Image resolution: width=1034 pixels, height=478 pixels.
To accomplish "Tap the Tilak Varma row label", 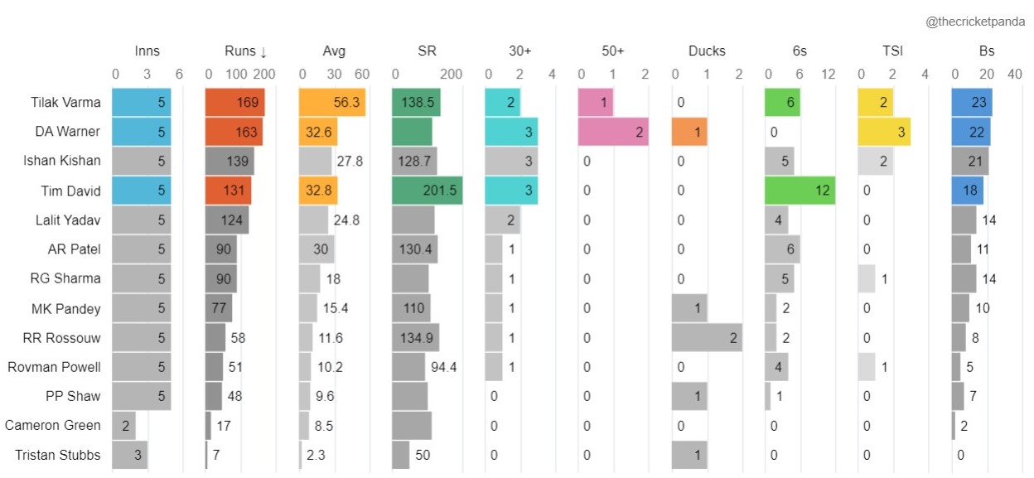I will click(x=62, y=103).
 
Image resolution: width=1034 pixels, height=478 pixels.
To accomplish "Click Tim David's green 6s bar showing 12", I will click(x=800, y=191).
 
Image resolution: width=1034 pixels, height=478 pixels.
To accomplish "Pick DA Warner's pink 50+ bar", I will click(x=613, y=132).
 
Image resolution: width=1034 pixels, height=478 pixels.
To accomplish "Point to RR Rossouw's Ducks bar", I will click(x=707, y=338).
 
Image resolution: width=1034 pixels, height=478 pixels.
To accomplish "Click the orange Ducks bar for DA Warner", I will click(x=689, y=132).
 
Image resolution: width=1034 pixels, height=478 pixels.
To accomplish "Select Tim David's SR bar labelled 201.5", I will click(x=428, y=191).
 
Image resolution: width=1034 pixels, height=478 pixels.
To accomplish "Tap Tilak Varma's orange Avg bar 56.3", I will click(x=332, y=103).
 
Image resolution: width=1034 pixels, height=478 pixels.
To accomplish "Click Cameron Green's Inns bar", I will click(x=123, y=426).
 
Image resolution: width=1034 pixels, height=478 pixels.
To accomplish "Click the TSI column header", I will click(x=892, y=51).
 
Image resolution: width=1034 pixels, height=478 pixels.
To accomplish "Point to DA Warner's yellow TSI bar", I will click(x=884, y=132).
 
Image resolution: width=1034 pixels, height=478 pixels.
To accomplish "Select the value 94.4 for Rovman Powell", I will click(x=443, y=367).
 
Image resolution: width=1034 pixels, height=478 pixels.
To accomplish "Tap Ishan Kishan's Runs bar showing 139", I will click(x=230, y=162).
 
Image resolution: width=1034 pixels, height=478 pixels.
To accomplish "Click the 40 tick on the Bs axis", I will click(x=1012, y=74).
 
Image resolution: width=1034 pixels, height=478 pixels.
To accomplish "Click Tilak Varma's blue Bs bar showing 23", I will click(x=973, y=103).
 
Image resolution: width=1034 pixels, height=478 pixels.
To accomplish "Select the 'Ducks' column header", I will click(x=707, y=51).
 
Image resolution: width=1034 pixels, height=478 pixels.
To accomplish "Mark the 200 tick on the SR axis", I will click(x=451, y=74).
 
